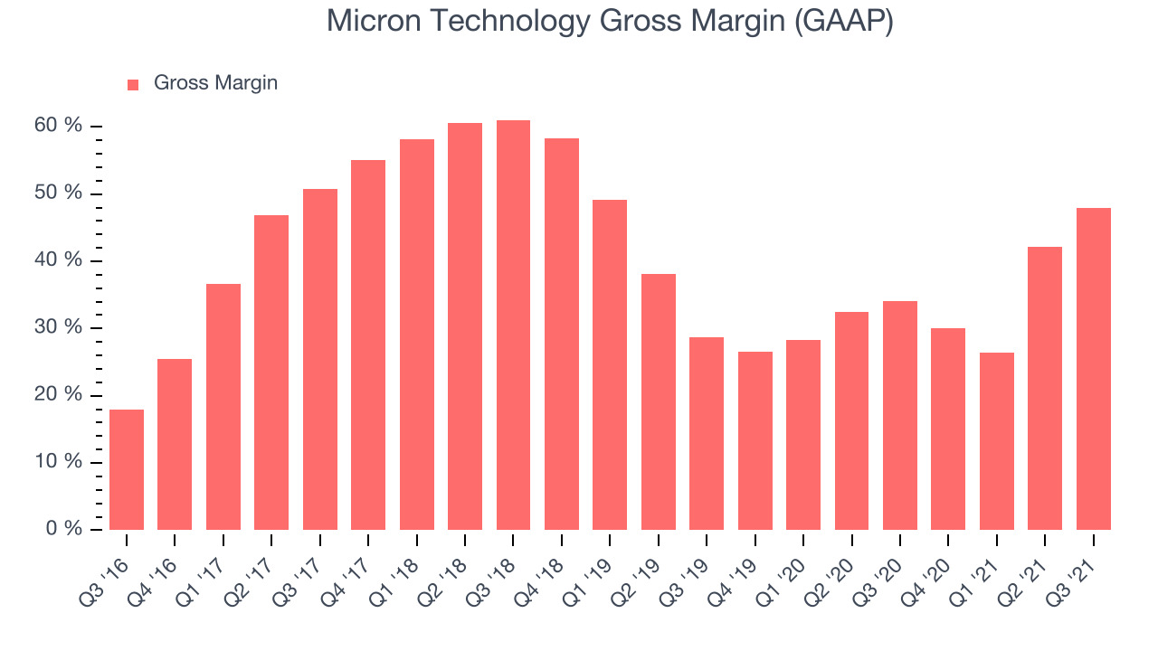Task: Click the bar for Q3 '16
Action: click(x=127, y=469)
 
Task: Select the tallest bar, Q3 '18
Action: click(x=513, y=325)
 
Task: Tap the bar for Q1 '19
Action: click(x=610, y=364)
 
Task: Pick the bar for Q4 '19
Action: click(x=755, y=440)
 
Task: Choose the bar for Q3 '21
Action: click(x=1094, y=369)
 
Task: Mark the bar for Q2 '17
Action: click(x=271, y=373)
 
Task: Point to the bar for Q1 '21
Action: click(x=997, y=441)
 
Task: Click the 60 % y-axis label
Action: click(x=58, y=125)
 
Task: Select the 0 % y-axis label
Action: click(x=64, y=528)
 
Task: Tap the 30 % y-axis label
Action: click(x=58, y=326)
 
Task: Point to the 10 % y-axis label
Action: click(x=58, y=461)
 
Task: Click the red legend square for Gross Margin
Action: click(x=133, y=85)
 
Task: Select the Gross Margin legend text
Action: click(x=215, y=82)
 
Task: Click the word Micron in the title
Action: click(x=374, y=21)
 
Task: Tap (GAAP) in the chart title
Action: click(x=844, y=22)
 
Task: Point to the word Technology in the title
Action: click(x=509, y=23)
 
